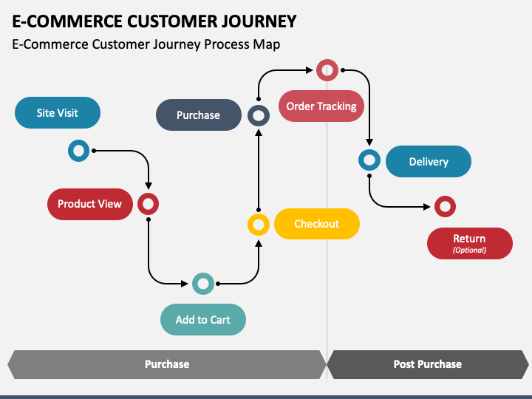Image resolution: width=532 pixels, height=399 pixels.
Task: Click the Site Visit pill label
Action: tap(57, 113)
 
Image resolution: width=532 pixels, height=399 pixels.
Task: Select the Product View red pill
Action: tap(89, 204)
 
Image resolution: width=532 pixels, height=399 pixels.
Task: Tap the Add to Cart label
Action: tap(202, 320)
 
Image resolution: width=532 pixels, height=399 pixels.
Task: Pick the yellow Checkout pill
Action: tap(316, 224)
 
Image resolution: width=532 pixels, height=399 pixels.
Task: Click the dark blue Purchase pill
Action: tap(198, 115)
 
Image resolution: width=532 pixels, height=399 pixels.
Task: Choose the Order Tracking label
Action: tap(321, 106)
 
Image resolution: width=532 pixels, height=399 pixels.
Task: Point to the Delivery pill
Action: tap(429, 162)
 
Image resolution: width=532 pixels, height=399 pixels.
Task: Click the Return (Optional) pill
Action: tap(469, 243)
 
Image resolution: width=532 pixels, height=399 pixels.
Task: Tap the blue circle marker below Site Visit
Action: tap(78, 151)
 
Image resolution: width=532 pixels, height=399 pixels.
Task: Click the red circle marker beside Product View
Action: tap(148, 204)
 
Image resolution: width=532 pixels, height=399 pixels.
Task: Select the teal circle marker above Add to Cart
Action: tap(202, 283)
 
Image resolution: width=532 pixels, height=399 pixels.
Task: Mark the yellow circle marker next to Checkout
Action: tap(258, 224)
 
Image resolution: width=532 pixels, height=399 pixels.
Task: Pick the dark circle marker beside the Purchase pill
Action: tap(258, 115)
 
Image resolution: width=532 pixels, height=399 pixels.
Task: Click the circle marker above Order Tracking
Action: tap(327, 70)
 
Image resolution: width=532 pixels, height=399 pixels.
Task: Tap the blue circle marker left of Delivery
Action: tap(369, 160)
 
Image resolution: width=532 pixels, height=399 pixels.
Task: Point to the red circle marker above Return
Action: tap(444, 206)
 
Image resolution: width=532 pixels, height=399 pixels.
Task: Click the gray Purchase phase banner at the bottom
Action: tap(167, 364)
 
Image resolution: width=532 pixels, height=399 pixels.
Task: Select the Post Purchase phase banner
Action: tap(427, 364)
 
